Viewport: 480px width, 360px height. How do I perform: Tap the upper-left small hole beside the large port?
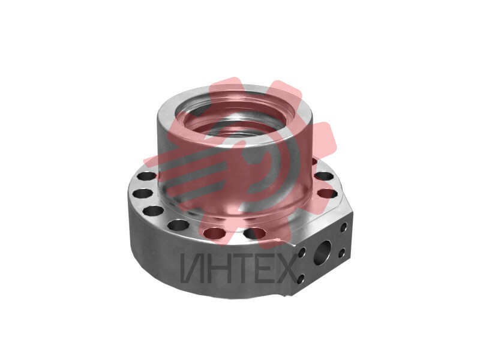(x=302, y=253)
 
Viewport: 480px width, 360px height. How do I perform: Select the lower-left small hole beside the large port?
(x=301, y=278)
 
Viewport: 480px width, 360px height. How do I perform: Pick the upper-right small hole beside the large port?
(x=344, y=227)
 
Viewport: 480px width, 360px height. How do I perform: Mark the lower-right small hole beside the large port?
(x=342, y=253)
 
